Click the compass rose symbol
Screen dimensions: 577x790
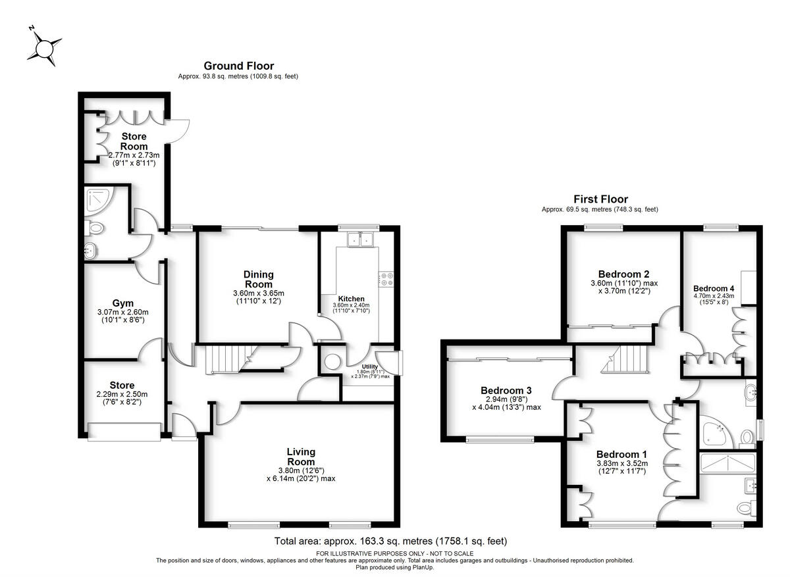[x=45, y=49]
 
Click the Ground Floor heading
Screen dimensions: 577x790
[x=238, y=66]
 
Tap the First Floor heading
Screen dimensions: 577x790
[x=600, y=199]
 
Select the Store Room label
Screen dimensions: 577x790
[x=134, y=141]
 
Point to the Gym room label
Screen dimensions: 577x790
[x=122, y=303]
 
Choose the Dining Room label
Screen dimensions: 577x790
[x=258, y=279]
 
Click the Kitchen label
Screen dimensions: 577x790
[x=352, y=299]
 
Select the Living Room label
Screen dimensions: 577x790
[x=301, y=457]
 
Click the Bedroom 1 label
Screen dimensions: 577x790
[x=621, y=455]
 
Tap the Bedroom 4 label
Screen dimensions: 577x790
[x=714, y=288]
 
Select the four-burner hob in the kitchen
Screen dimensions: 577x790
[x=386, y=280]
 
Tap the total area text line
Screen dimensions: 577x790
[x=390, y=541]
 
